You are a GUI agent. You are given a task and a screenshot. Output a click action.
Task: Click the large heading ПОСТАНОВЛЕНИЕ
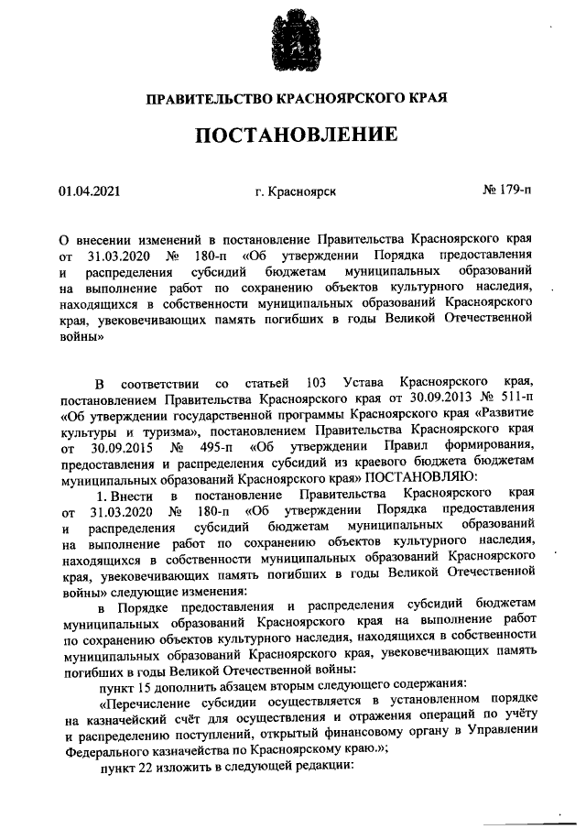[294, 136]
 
